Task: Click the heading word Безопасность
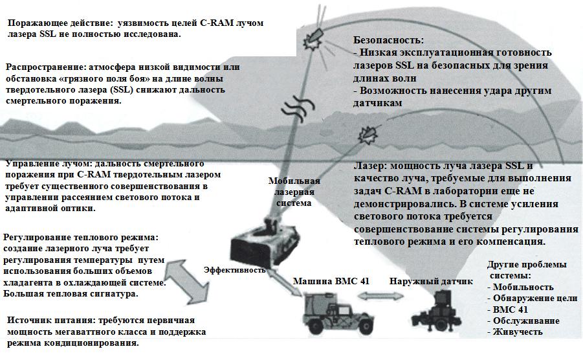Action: click(388, 40)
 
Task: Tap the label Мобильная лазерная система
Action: click(294, 192)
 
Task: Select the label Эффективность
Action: click(235, 270)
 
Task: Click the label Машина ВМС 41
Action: click(331, 281)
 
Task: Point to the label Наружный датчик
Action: click(431, 282)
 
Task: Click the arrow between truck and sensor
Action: click(380, 297)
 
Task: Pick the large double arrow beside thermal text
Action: click(185, 282)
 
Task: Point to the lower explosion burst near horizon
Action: click(368, 135)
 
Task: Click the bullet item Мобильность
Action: click(520, 287)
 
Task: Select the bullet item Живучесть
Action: click(515, 332)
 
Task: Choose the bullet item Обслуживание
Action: click(523, 321)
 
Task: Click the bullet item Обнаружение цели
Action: click(532, 298)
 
